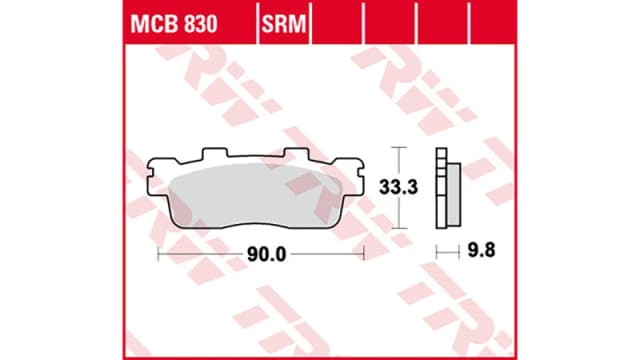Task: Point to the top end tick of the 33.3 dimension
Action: [x=399, y=149]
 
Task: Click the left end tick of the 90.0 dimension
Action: [x=159, y=254]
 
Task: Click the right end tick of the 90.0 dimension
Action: [x=364, y=254]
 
